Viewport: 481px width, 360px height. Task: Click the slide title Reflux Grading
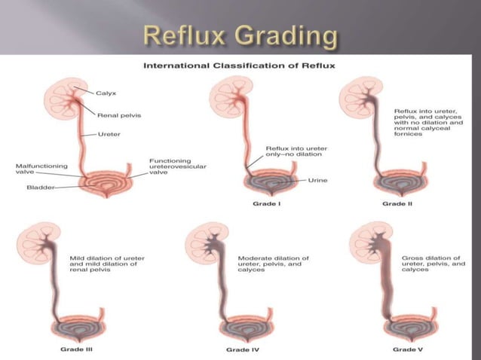pos(240,35)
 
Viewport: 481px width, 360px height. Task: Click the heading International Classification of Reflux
pos(240,66)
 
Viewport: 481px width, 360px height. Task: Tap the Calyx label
pos(106,93)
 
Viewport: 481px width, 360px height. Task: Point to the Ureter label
pos(109,134)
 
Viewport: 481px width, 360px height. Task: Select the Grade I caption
pos(268,204)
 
